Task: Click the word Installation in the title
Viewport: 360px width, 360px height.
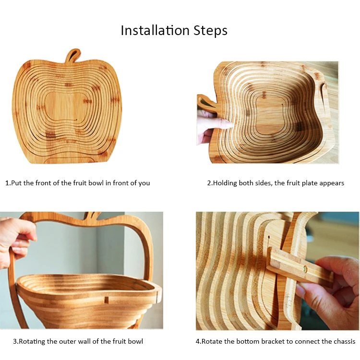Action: point(155,30)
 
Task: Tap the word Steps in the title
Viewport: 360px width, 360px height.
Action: point(210,31)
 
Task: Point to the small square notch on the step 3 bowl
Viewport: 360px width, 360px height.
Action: point(106,300)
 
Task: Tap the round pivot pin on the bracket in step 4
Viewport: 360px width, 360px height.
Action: point(305,268)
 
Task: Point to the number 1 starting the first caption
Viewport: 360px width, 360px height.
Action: point(7,183)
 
